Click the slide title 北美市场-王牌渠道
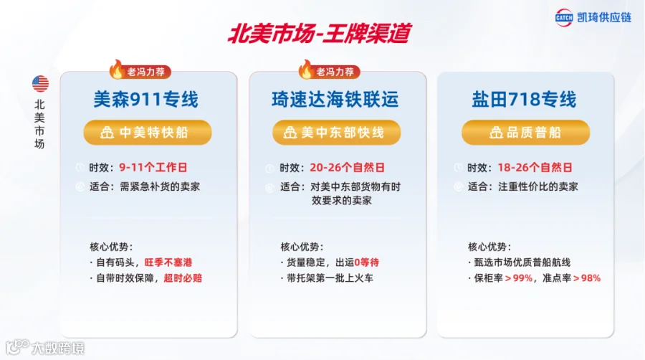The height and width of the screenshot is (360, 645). pyautogui.click(x=320, y=33)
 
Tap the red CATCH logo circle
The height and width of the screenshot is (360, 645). pyautogui.click(x=563, y=18)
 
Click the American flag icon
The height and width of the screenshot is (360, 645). pyautogui.click(x=40, y=84)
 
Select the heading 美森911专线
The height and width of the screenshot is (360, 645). pyautogui.click(x=146, y=99)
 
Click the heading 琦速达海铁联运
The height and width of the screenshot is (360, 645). pyautogui.click(x=335, y=99)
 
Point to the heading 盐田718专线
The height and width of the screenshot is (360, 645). pyautogui.click(x=524, y=99)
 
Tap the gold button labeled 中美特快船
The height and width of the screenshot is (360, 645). pyautogui.click(x=148, y=133)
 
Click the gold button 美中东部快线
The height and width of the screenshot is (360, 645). pyautogui.click(x=337, y=133)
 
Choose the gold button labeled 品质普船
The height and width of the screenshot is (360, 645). pyautogui.click(x=526, y=133)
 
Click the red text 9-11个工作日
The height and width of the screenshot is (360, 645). pyautogui.click(x=153, y=168)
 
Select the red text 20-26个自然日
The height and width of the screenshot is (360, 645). pyautogui.click(x=347, y=168)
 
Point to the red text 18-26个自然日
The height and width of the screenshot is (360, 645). pyautogui.click(x=535, y=168)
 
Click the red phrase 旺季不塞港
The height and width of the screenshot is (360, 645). pyautogui.click(x=168, y=262)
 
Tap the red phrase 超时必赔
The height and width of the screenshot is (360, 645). pyautogui.click(x=183, y=278)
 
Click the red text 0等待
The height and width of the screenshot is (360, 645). pyautogui.click(x=366, y=262)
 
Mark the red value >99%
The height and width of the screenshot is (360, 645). pyautogui.click(x=519, y=278)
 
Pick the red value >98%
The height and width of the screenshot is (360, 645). pyautogui.click(x=587, y=278)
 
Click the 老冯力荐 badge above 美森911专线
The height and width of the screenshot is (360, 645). pyautogui.click(x=140, y=71)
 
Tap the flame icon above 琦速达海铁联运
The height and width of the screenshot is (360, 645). pyautogui.click(x=305, y=69)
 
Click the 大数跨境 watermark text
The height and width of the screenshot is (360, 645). pyautogui.click(x=58, y=349)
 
